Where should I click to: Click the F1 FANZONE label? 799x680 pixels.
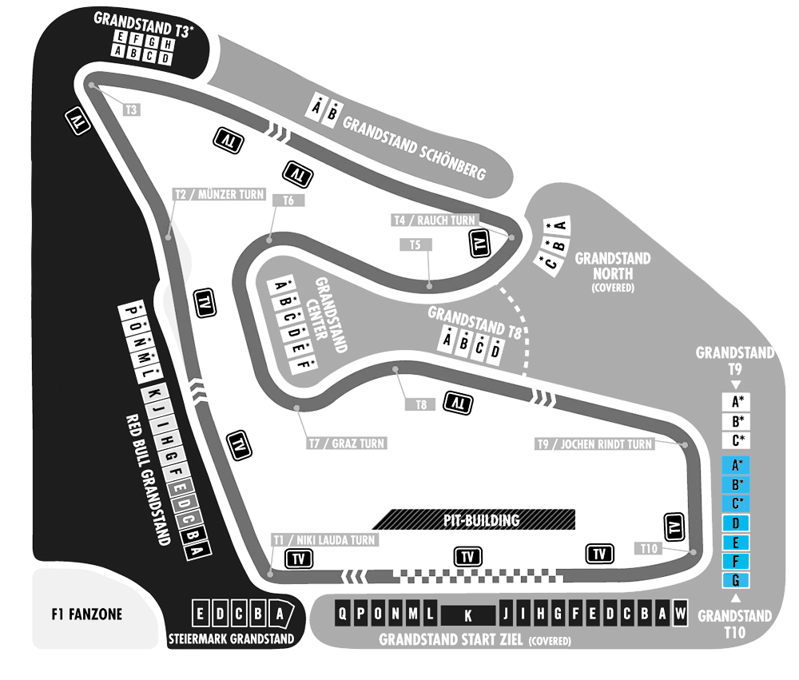pyautogui.click(x=86, y=614)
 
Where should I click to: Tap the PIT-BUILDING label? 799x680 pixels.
pyautogui.click(x=482, y=520)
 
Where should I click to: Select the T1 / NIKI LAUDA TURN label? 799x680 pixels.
pyautogui.click(x=324, y=540)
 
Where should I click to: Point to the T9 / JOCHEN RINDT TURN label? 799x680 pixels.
pyautogui.click(x=594, y=444)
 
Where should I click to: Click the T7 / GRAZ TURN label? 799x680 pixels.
pyautogui.click(x=347, y=443)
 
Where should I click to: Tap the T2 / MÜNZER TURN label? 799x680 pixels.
pyautogui.click(x=220, y=194)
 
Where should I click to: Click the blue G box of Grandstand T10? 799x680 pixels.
pyautogui.click(x=735, y=580)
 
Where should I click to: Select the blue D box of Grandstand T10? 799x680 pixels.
pyautogui.click(x=735, y=523)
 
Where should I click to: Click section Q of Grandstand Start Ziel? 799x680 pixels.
pyautogui.click(x=343, y=613)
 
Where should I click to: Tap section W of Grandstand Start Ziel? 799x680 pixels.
pyautogui.click(x=680, y=613)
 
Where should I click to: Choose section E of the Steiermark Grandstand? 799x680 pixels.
pyautogui.click(x=201, y=613)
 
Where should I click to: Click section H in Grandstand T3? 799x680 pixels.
pyautogui.click(x=167, y=45)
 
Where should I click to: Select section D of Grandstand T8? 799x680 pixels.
pyautogui.click(x=495, y=351)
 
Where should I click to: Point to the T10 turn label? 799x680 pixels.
pyautogui.click(x=649, y=548)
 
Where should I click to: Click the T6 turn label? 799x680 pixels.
pyautogui.click(x=288, y=201)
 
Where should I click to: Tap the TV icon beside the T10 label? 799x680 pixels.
pyautogui.click(x=674, y=527)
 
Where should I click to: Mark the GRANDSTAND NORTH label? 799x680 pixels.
pyautogui.click(x=613, y=272)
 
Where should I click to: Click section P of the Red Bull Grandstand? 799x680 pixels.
pyautogui.click(x=129, y=310)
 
